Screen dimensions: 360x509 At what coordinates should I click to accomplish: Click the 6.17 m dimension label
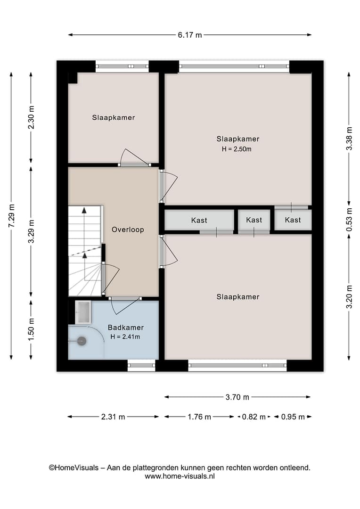tap(189, 35)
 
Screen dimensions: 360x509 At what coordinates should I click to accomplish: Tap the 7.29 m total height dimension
tap(12, 216)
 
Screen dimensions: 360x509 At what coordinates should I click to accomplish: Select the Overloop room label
tap(128, 230)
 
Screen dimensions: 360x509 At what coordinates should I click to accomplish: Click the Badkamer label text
tap(126, 328)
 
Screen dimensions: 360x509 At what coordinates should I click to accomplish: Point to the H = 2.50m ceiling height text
tap(237, 149)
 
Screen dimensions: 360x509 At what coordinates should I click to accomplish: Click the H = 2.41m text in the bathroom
tap(125, 337)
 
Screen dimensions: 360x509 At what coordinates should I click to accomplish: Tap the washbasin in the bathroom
tap(83, 312)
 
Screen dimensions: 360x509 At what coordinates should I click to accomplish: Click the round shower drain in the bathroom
tap(82, 341)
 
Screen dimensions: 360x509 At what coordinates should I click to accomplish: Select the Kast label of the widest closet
tap(199, 221)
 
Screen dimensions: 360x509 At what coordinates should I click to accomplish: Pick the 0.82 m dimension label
tap(254, 417)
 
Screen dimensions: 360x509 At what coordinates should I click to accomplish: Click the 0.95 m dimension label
tap(293, 417)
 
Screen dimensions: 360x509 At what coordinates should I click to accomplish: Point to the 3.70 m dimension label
tap(237, 397)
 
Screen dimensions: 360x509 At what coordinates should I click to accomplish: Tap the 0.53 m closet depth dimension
tap(349, 220)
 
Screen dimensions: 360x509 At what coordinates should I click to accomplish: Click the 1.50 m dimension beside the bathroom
tap(31, 329)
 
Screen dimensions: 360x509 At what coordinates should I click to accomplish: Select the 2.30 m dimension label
tap(31, 117)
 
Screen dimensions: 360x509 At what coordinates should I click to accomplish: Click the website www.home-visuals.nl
tap(180, 476)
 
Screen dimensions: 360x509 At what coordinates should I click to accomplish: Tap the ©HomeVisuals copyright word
tap(74, 468)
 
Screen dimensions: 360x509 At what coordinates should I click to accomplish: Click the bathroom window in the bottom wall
tap(141, 365)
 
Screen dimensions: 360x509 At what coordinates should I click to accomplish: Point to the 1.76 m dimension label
tap(199, 417)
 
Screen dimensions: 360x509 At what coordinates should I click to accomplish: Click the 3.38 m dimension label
tap(349, 138)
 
